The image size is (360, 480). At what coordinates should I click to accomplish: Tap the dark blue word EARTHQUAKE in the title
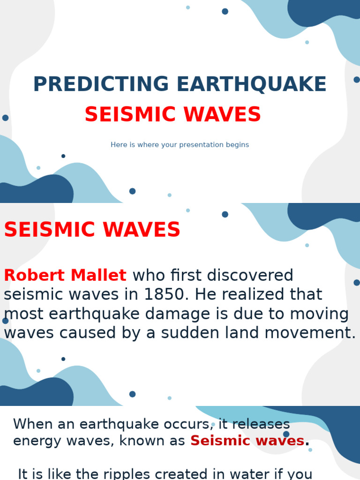point(251,84)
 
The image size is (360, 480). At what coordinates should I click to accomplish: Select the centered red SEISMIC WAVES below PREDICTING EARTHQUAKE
point(172,115)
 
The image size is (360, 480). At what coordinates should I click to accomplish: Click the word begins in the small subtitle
point(237,145)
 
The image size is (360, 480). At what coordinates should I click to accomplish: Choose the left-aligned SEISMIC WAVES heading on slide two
point(92,230)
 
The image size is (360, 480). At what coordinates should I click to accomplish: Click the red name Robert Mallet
point(65,276)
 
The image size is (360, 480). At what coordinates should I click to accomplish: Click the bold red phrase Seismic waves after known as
point(247,441)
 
